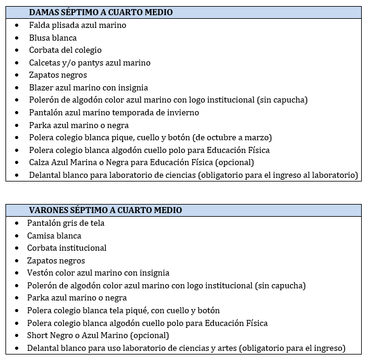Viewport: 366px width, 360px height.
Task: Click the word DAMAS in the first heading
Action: click(x=44, y=12)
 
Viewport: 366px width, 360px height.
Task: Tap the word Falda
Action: click(x=39, y=25)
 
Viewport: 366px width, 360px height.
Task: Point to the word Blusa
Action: click(x=39, y=38)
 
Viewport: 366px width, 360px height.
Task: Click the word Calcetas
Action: click(x=45, y=63)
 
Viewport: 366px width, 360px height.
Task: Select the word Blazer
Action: click(x=41, y=87)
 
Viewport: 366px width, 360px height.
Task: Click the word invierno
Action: click(x=183, y=112)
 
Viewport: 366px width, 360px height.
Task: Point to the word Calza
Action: click(x=39, y=162)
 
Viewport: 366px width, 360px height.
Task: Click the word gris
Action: click(x=70, y=223)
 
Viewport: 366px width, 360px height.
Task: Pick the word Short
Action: click(x=38, y=335)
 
